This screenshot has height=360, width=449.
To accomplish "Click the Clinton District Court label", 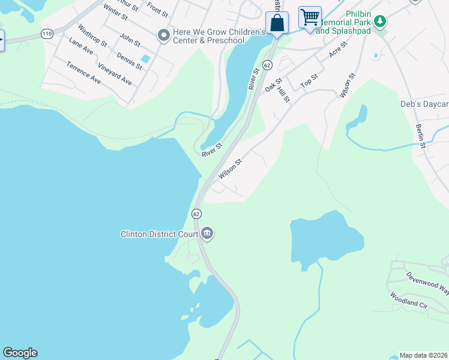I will point(160,233).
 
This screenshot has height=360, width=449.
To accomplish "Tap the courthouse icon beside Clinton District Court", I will point(207,233).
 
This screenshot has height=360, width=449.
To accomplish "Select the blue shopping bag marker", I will point(277,23).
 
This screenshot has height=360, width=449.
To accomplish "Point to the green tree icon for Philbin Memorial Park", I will point(379,22).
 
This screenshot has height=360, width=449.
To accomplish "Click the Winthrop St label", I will point(92,35).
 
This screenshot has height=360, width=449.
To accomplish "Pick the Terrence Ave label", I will point(83,72).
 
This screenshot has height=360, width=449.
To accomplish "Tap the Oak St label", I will point(274,84).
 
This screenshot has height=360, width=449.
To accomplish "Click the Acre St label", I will point(339,50).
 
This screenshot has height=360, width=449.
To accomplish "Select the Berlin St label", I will point(420,137).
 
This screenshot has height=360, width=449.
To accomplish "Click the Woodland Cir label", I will point(408,300).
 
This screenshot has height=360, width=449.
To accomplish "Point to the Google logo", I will point(20,353).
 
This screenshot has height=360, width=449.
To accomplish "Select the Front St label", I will point(157,10).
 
